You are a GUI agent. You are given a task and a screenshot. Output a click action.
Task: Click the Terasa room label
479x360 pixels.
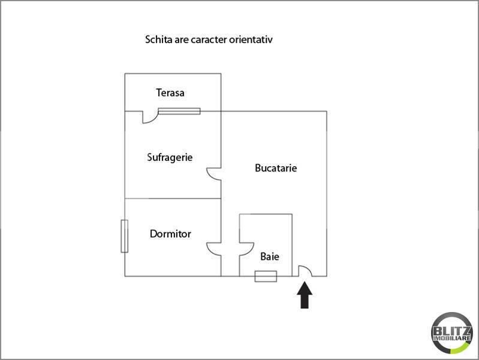click(x=170, y=92)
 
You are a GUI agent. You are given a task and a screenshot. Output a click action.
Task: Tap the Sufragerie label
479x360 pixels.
click(x=170, y=158)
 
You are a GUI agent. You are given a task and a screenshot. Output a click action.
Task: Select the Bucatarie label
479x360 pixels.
click(x=276, y=168)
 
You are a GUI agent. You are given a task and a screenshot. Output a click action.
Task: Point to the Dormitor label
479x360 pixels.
click(x=170, y=234)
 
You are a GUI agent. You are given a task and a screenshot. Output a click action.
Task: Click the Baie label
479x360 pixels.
click(x=270, y=257)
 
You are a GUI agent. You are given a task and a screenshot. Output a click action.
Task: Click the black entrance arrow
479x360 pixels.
click(x=305, y=295)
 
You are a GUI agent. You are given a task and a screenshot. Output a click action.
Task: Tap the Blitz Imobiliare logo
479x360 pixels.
click(x=452, y=333)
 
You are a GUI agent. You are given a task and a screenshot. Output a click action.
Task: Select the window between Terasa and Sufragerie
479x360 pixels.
click(x=179, y=112)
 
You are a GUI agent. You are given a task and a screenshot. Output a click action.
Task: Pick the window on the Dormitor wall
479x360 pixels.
click(x=124, y=236)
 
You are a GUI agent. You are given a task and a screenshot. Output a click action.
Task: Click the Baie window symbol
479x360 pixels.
click(x=266, y=276)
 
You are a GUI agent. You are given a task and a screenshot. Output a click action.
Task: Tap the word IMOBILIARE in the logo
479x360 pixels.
click(x=452, y=338)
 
